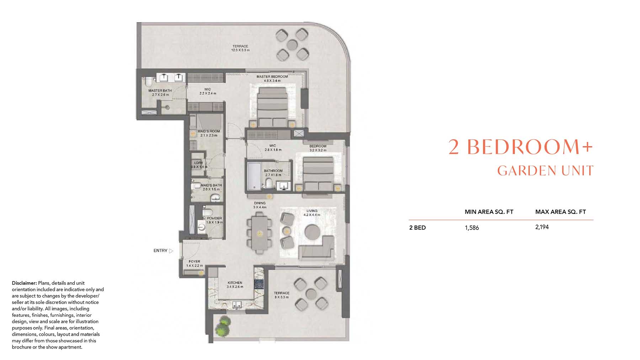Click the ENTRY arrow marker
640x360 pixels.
[171, 251]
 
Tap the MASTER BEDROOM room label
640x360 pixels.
[272, 76]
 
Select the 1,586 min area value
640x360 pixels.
[472, 228]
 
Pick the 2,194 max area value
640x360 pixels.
[542, 227]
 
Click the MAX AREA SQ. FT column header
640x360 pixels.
[561, 212]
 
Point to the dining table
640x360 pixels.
[260, 233]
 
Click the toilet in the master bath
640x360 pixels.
[148, 82]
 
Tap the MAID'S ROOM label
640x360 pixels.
[209, 131]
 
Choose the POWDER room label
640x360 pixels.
[214, 218]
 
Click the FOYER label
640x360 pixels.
[194, 262]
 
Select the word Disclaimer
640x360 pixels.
[24, 283]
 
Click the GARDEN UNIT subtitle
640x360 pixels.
[545, 171]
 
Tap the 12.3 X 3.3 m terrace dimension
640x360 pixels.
[240, 50]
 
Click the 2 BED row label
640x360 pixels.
[417, 228]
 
